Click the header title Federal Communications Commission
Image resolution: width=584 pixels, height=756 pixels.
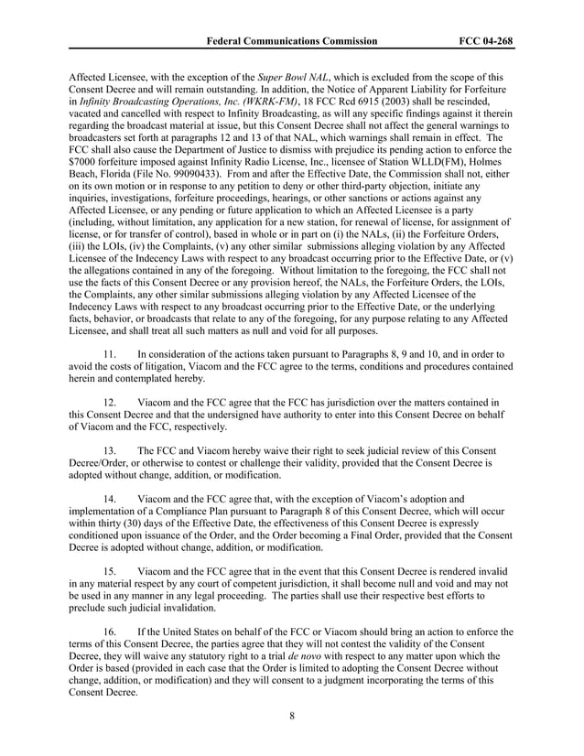coord(291,41)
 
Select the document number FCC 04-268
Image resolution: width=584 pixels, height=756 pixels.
coord(485,41)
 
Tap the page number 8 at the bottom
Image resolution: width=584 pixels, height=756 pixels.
coord(291,716)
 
